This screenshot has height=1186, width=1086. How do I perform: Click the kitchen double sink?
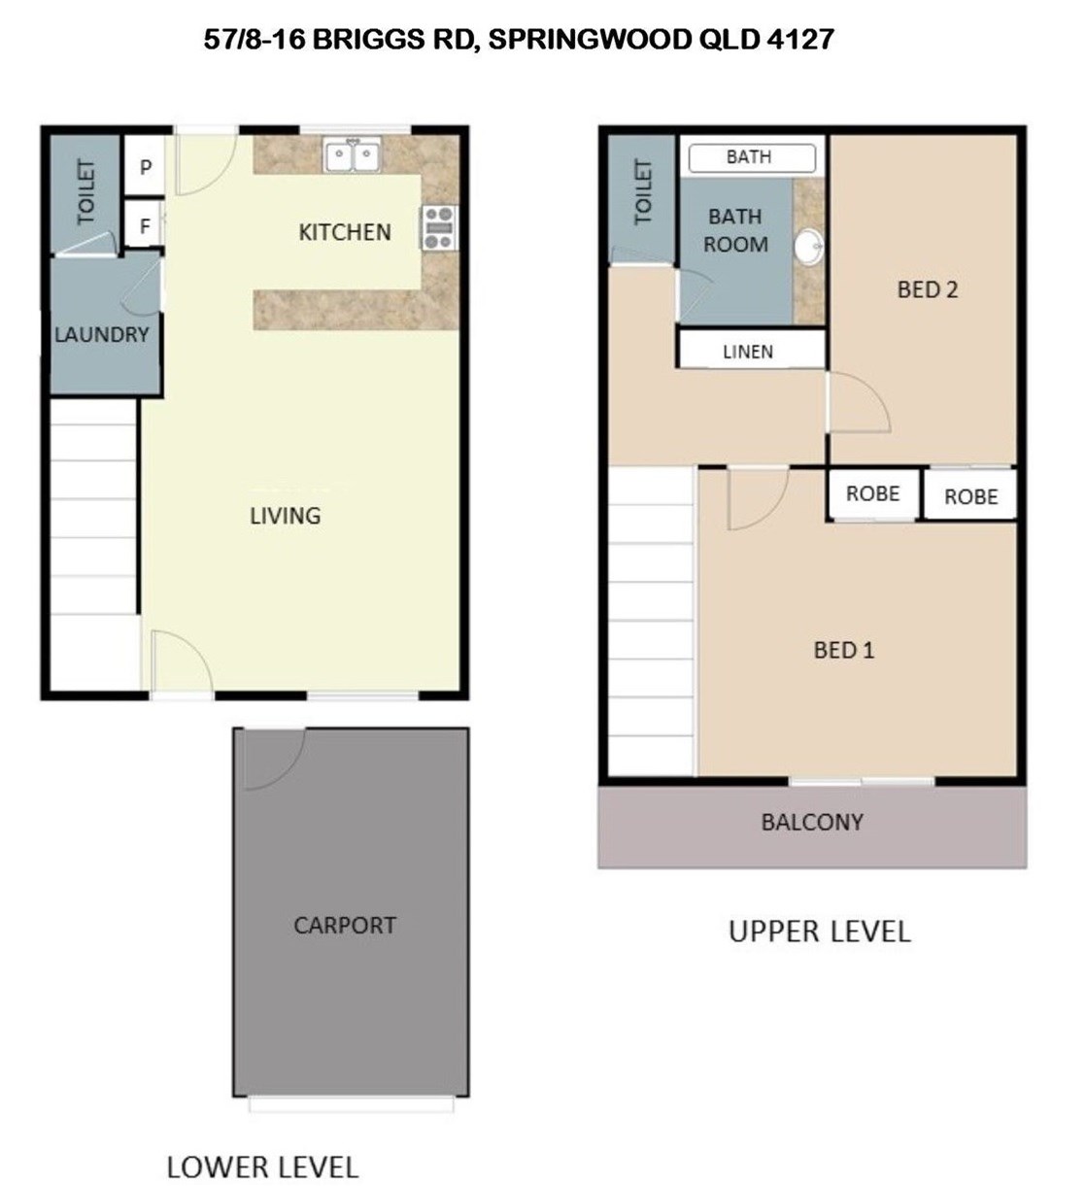pos(353,154)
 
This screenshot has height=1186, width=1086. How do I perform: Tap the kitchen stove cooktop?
pos(439,227)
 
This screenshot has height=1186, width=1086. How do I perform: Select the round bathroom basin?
pos(808,246)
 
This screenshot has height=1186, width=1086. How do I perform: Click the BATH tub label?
pos(749,156)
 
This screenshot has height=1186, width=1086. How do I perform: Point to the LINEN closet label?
pos(748,352)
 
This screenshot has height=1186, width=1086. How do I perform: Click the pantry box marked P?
pos(145,167)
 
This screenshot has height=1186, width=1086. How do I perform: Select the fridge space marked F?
pos(145,225)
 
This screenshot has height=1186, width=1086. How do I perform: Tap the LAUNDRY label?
pos(102,335)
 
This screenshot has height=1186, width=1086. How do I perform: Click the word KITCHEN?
pos(345,232)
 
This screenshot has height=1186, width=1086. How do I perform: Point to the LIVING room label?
pos(286,516)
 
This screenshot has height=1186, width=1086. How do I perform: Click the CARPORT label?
pos(345,926)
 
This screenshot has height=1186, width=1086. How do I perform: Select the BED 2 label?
pos(928,289)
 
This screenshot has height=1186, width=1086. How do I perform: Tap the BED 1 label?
pos(844,651)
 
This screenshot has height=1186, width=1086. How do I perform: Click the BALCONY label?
pos(812,822)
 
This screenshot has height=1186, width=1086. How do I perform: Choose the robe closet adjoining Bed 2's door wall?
pos(873,493)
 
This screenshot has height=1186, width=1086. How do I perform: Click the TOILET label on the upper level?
pos(643,191)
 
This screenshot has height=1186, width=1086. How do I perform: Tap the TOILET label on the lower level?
pos(85,191)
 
